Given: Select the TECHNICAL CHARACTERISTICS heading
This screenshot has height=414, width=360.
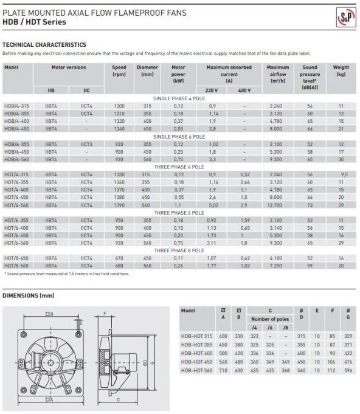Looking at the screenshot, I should click(x=44, y=44).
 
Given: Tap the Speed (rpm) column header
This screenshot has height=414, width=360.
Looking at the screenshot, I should click(x=119, y=71).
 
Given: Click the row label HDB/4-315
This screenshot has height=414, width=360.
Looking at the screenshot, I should click(x=17, y=105).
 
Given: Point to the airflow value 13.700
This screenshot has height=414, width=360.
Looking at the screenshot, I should click(x=277, y=205).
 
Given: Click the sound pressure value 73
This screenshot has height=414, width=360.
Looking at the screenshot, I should click(x=310, y=205).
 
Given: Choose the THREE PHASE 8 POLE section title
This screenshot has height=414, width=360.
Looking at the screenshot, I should click(x=179, y=250).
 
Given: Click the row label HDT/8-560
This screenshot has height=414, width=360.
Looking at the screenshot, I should click(x=17, y=266).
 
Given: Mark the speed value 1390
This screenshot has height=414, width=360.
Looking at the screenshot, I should click(x=119, y=205).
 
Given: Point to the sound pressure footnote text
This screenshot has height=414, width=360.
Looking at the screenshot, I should click(x=67, y=274).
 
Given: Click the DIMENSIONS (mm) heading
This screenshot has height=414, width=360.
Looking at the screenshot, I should click(x=29, y=296).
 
